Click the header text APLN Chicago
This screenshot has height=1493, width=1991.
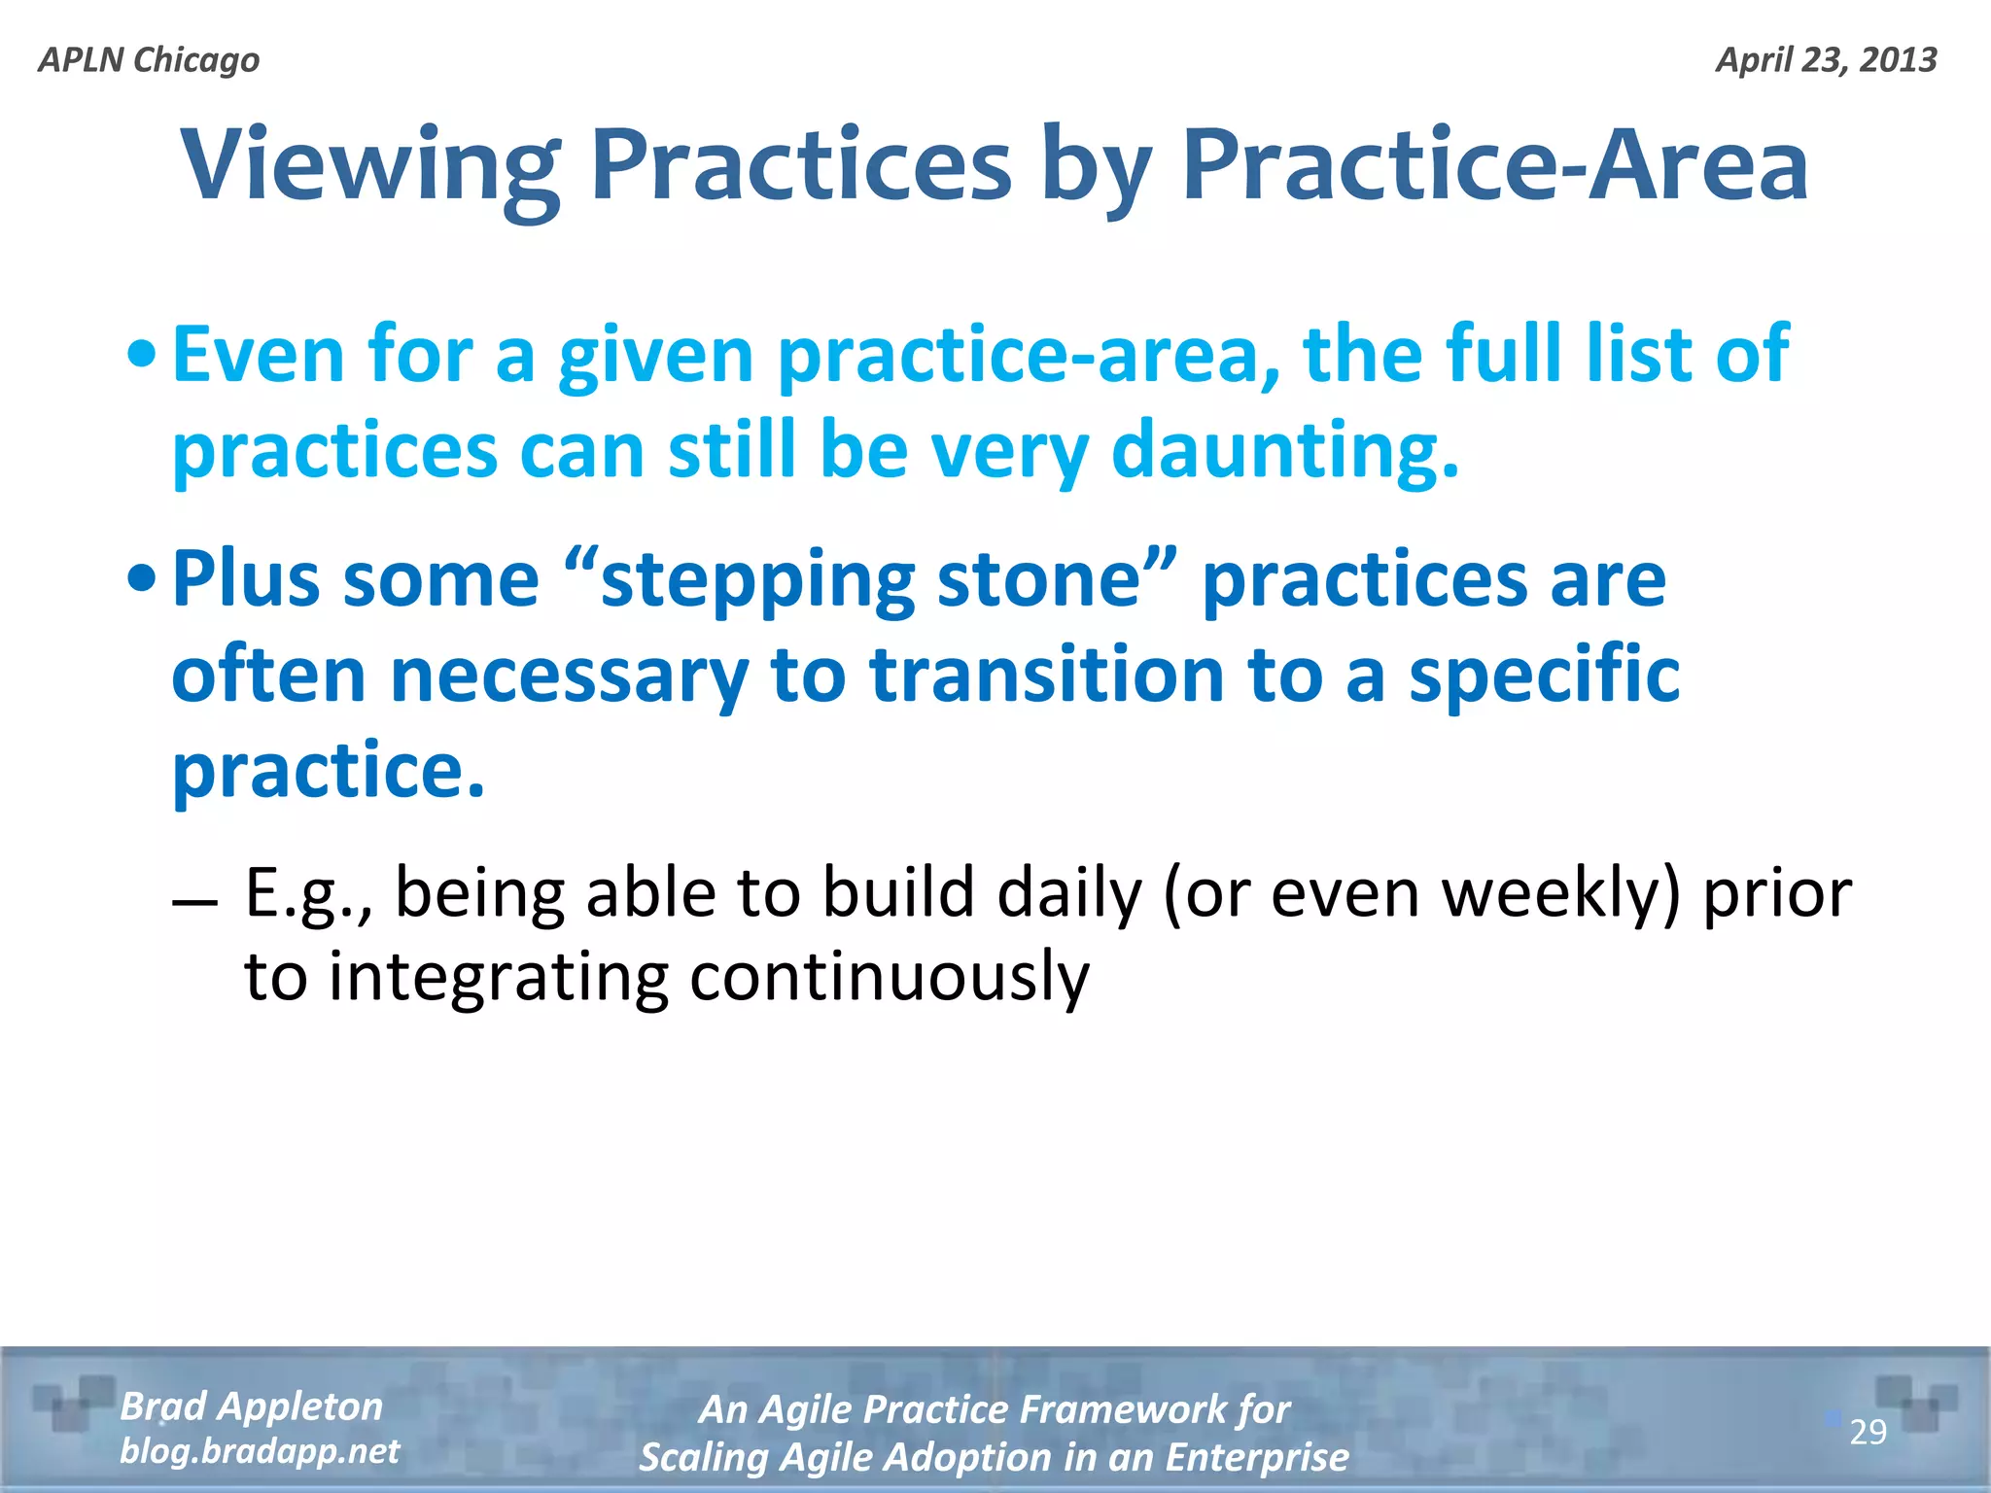point(149,60)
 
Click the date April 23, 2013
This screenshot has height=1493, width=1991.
point(1826,60)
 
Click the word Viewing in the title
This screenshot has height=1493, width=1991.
point(370,165)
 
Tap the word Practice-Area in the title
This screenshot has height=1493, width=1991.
point(1494,165)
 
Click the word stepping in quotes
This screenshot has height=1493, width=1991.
point(758,580)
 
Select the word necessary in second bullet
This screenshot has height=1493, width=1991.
point(569,676)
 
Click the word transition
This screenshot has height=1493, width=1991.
point(1046,676)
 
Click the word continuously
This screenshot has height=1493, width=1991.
point(890,977)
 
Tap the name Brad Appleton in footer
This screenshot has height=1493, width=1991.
point(252,1406)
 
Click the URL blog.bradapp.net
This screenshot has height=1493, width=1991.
point(260,1451)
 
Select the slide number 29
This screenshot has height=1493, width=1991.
point(1867,1432)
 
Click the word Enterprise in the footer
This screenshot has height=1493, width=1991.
point(1256,1457)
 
